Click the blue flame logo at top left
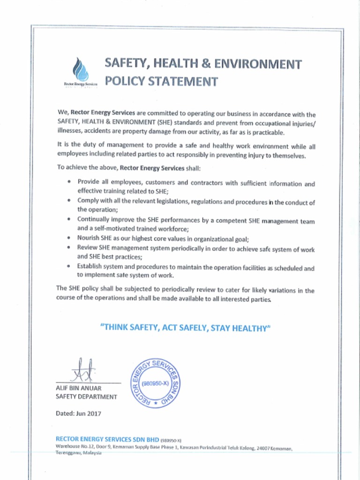[x=80, y=69]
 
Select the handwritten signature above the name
[x=83, y=370]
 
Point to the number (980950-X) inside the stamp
[x=155, y=383]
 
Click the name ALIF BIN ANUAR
[x=78, y=388]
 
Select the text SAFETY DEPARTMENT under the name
[x=86, y=397]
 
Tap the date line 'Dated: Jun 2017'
[x=78, y=413]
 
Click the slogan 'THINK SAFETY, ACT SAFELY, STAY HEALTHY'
[x=186, y=328]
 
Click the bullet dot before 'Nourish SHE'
[x=69, y=238]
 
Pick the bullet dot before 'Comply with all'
[x=69, y=200]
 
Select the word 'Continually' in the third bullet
[x=93, y=219]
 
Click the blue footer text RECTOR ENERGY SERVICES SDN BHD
[x=107, y=439]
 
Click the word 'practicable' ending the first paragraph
[x=268, y=133]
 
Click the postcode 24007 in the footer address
[x=264, y=449]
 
